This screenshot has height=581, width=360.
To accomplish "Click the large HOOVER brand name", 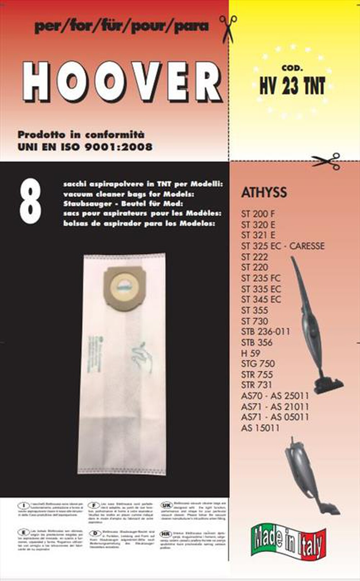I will point(122,82).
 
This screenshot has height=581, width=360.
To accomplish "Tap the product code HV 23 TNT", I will point(292,86).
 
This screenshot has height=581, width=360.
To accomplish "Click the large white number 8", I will point(30,202).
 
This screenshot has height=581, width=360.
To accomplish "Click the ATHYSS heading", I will point(264,192).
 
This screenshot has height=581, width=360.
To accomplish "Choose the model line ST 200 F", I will point(258,214).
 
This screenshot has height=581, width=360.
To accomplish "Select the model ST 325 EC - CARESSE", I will point(283,246).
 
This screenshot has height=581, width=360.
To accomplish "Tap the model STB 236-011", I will point(265,332).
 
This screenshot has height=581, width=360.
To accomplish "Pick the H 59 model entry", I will point(251,353).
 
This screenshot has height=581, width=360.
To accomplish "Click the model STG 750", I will point(258,364).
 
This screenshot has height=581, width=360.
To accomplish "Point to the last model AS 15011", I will point(260,428).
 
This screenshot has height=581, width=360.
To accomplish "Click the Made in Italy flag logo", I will point(288,541).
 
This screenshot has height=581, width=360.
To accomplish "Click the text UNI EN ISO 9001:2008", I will point(85,147).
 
